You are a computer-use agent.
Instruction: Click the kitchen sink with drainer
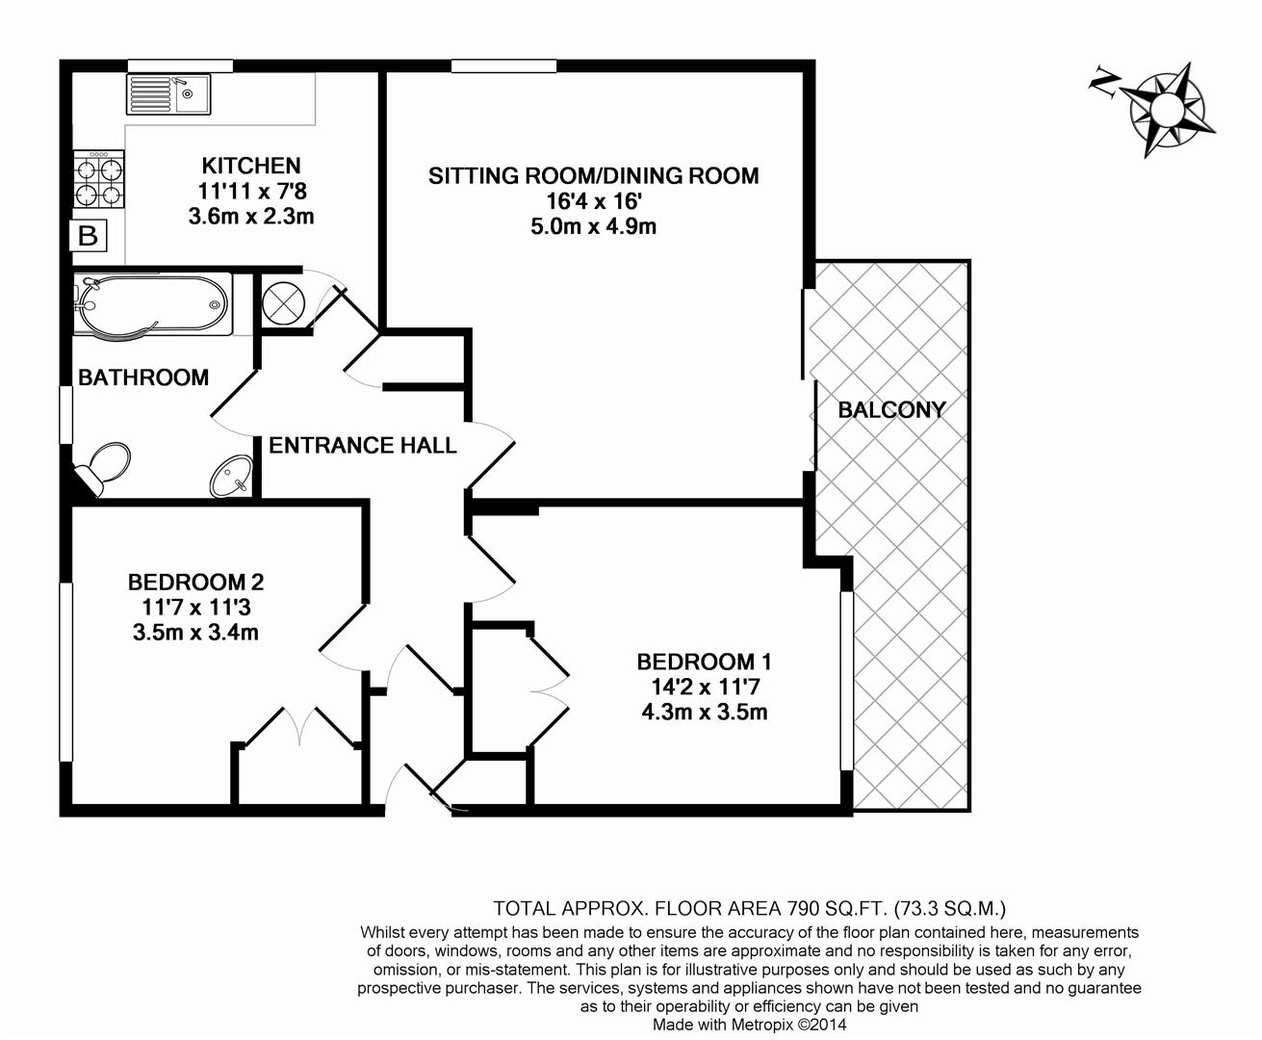168,94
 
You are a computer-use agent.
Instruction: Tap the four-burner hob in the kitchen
99,179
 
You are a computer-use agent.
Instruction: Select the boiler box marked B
89,235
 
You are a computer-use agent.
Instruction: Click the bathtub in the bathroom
153,304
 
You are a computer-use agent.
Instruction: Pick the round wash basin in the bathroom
231,476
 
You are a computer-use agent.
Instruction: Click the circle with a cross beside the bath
283,303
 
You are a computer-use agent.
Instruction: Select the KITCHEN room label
251,166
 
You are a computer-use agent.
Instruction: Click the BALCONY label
891,410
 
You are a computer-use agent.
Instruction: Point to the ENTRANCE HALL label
363,446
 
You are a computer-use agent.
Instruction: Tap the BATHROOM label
143,377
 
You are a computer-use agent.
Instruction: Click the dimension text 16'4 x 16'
594,200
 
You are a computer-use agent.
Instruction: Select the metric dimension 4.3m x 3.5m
705,712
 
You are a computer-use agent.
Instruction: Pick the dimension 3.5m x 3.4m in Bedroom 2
195,633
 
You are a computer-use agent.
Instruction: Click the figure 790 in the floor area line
802,908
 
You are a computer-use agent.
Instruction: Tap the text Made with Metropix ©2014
750,1025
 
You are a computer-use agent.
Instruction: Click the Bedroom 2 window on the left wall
65,671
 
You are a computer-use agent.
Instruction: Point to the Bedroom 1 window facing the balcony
847,680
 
